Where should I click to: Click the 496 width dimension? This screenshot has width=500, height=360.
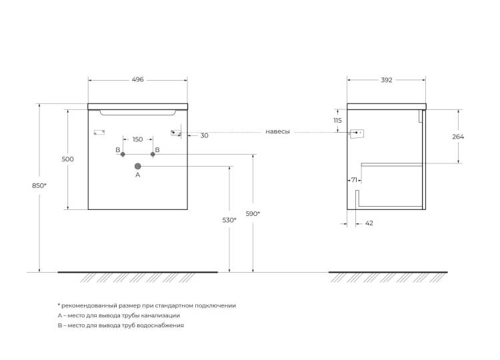coord(138,79)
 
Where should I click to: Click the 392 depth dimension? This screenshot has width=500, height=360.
coord(387,80)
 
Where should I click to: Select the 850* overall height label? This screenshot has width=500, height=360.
coord(39,185)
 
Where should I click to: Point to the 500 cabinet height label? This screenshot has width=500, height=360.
coord(67,159)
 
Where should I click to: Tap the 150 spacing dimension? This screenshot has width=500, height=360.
coord(137,139)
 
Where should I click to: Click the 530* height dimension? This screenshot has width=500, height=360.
coord(229,220)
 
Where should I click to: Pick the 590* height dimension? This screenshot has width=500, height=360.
coord(253,213)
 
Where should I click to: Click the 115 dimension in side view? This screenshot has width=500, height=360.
coord(337,121)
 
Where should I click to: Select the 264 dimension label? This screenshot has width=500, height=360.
coord(458,137)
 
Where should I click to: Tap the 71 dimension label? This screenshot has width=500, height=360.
coord(354,180)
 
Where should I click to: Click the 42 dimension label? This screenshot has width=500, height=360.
coord(369,223)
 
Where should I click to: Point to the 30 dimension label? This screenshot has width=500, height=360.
coord(205,135)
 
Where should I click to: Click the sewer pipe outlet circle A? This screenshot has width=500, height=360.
coord(138,166)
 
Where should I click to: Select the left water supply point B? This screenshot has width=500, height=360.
coord(123,154)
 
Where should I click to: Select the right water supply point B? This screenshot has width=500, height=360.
coord(153,154)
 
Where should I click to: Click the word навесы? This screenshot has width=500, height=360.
coord(278,131)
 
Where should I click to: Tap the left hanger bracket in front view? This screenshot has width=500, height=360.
coord(99,132)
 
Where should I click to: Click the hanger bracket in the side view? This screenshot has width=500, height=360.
coord(357,133)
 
